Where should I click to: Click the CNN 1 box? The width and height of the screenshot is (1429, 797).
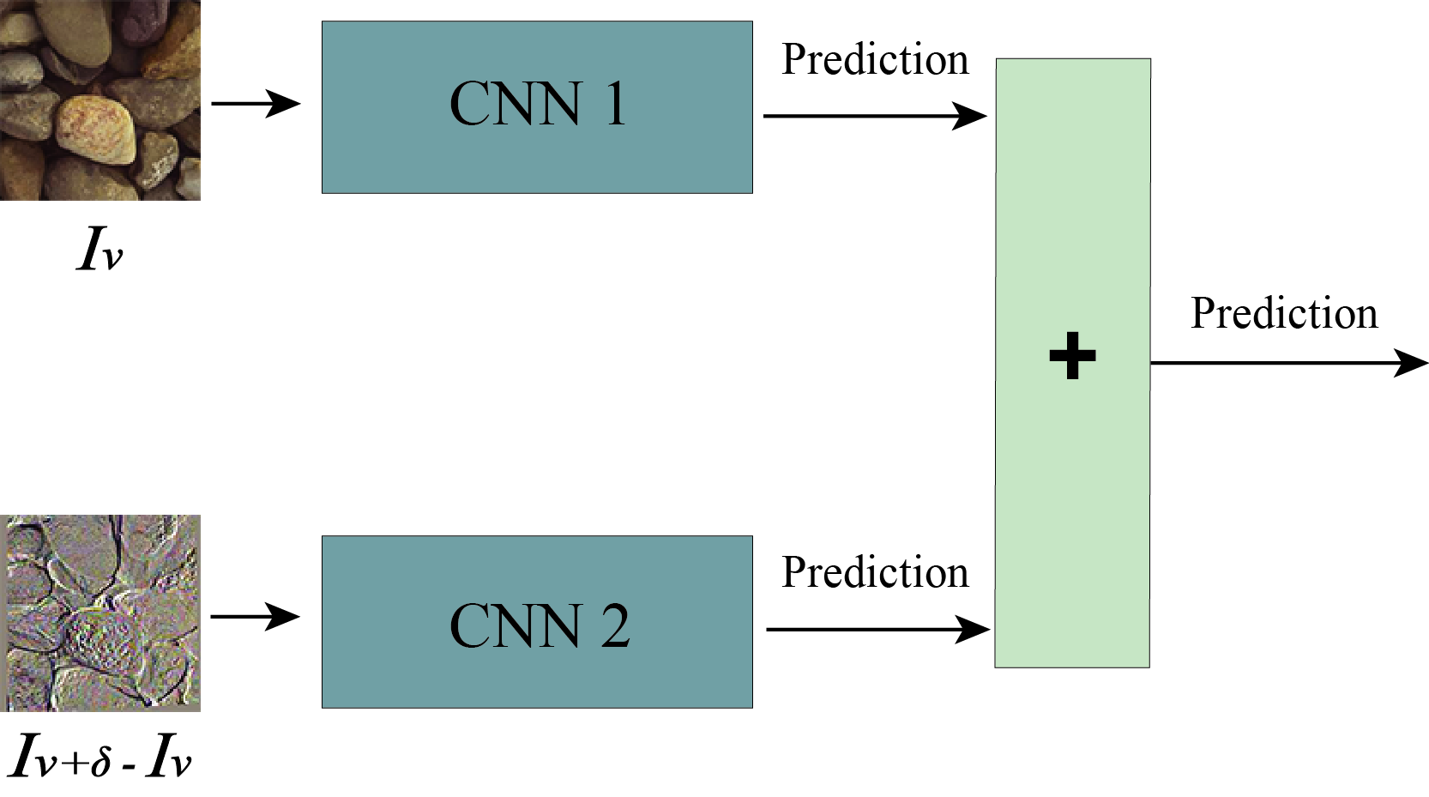537,107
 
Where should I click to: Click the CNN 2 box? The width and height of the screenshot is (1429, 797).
537,622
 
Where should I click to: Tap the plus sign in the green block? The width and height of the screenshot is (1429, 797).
1072,355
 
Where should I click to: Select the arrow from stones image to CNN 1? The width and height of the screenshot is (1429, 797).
255,104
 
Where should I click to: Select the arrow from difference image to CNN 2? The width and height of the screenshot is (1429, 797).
255,616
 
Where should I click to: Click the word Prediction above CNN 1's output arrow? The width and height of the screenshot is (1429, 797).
874,60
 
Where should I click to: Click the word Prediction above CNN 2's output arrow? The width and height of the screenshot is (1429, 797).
874,572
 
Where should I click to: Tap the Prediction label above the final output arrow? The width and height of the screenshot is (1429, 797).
1283,313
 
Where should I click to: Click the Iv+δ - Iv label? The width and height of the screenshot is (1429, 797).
100,756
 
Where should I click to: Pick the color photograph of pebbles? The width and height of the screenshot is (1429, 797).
99,100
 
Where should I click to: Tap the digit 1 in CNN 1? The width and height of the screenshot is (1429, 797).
614,105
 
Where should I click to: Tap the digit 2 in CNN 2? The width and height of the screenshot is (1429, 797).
614,626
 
